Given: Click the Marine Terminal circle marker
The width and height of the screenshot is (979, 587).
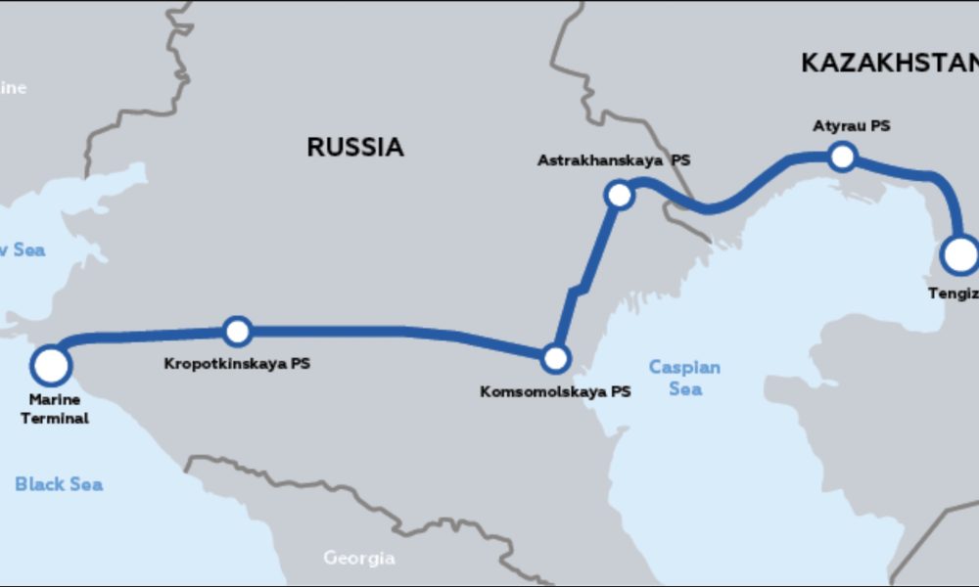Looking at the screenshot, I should coord(51,365).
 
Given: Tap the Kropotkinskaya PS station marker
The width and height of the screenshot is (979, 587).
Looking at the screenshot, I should coord(237,332).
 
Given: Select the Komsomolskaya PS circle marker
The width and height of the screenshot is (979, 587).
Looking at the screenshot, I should coord(555,358).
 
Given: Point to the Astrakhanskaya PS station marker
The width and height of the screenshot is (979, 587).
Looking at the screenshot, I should coord(619,196).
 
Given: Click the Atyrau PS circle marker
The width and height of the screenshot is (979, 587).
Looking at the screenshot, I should coord(841,156).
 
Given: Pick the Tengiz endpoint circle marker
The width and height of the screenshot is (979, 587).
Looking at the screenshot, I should coord(961,254).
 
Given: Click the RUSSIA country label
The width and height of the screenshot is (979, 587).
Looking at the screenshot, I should coord(354,148).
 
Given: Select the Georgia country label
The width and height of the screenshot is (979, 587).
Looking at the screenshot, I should coord(359,559).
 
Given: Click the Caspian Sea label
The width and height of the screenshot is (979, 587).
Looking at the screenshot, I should coord(685,378).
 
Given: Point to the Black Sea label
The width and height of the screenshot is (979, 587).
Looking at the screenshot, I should coord(59,484).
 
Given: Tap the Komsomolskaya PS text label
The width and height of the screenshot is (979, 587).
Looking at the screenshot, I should coord(555,392).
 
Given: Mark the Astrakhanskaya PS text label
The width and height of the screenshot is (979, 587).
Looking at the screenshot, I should coord(614,160).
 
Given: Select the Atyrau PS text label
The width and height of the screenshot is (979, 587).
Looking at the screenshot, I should coord(852,126).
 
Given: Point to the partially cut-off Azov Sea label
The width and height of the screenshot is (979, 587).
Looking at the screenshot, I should coord(22,250).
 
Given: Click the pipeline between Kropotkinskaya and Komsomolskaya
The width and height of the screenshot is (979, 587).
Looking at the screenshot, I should coord(392,332).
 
